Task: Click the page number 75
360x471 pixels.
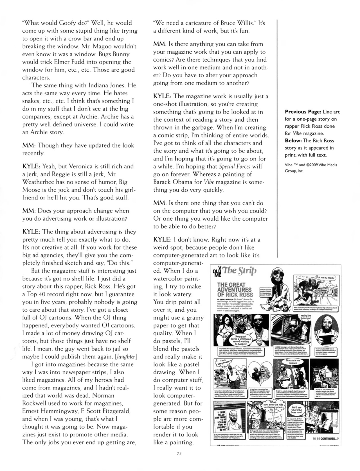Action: coord(180,453)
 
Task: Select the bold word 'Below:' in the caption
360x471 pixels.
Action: coord(295,141)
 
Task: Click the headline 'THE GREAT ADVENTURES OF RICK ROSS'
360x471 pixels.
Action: coord(234,289)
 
